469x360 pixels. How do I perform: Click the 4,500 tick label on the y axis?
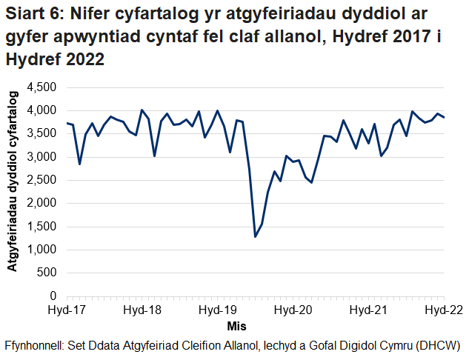41,87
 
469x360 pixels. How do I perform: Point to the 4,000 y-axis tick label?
41,110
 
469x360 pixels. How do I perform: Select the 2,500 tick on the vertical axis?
41,180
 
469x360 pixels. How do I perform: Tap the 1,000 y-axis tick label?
41,250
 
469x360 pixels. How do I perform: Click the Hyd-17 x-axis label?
67,310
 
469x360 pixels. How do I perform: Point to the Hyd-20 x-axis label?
293,310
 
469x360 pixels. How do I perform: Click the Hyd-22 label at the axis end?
442,310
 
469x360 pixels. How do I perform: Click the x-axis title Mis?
237,326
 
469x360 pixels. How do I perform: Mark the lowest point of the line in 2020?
256,237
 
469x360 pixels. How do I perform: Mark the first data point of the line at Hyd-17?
67,123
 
